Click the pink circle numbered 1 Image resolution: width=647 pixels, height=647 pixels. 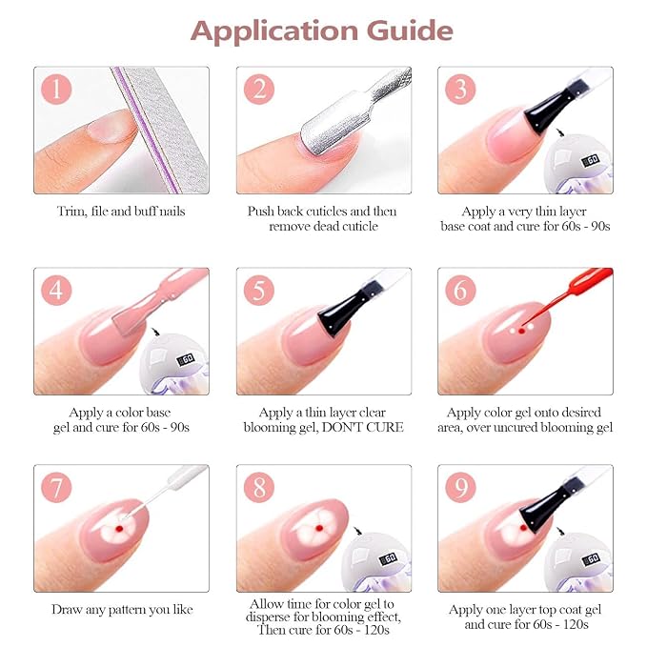click(x=56, y=90)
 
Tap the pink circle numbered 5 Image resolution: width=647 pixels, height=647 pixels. click(x=259, y=290)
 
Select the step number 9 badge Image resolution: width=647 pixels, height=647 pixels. click(x=460, y=487)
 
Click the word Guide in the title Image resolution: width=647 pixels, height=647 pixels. click(x=410, y=31)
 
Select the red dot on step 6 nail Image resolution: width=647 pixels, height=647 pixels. click(x=521, y=331)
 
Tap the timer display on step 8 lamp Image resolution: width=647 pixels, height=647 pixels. click(x=389, y=559)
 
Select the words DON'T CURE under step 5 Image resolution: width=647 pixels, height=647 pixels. click(x=362, y=428)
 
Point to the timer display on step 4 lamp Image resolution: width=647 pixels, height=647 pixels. click(x=186, y=359)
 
